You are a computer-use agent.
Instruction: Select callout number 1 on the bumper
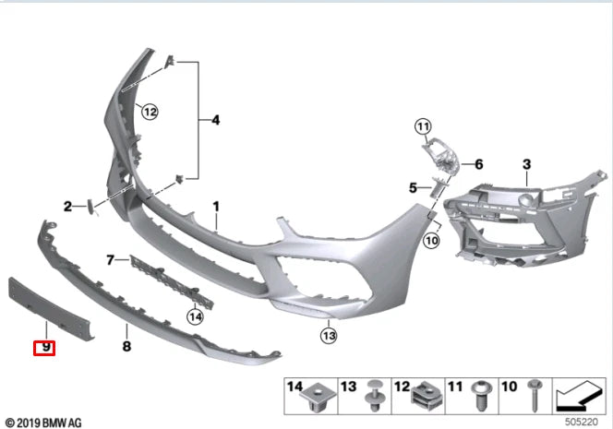point(216,207)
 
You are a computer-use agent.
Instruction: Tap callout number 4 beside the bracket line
point(215,120)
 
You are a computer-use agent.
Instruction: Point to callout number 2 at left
point(67,206)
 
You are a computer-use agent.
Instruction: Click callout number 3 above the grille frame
point(526,164)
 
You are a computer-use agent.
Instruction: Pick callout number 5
point(414,188)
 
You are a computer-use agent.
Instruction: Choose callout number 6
point(479,165)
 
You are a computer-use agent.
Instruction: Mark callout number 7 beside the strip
point(110,260)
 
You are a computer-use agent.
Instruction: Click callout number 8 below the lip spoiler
point(126,346)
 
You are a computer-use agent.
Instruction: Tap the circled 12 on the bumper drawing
point(150,112)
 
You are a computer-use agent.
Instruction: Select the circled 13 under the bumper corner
point(330,334)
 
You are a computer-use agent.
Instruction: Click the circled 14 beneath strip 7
point(194,316)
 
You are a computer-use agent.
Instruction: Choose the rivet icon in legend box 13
point(376,398)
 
